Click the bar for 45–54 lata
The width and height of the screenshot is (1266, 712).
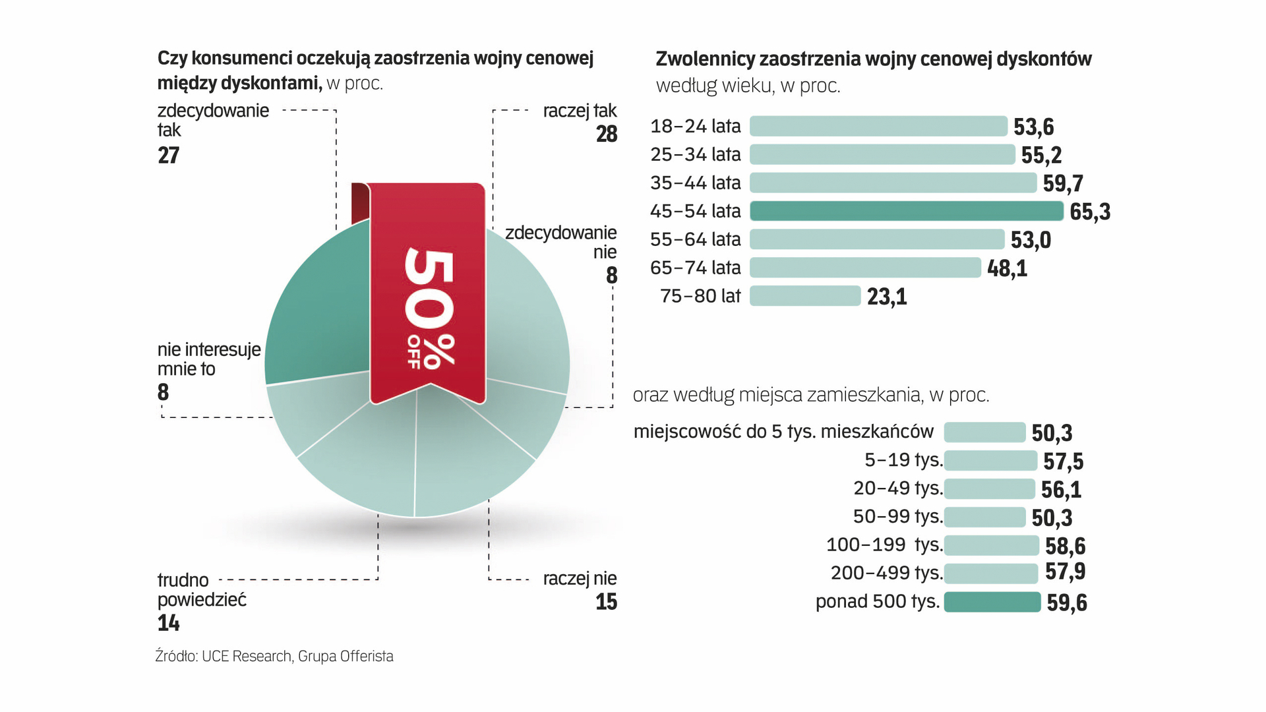[x=907, y=211]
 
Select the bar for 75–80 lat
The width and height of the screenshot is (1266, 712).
[x=805, y=296]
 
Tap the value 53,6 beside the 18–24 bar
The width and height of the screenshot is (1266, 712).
[x=1033, y=127]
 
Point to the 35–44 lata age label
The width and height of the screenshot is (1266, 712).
[x=695, y=183]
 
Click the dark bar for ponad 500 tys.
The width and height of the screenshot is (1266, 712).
[x=992, y=602]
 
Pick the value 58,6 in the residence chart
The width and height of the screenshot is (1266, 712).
[x=1065, y=546]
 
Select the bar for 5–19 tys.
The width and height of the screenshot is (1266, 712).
[x=990, y=460]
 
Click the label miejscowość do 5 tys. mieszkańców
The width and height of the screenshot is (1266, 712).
[x=783, y=432]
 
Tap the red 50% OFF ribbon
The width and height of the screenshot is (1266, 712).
[x=427, y=290]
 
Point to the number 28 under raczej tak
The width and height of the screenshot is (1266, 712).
[x=607, y=134]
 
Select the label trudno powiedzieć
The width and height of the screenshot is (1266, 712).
[x=201, y=590]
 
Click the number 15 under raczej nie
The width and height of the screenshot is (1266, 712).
[x=606, y=602]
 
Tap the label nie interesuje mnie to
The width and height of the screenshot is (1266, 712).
[x=209, y=359]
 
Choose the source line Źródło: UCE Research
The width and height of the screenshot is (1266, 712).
[x=274, y=657]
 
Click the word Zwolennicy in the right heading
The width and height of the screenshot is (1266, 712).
[x=705, y=59]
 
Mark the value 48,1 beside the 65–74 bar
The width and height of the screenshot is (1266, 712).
[x=1007, y=268]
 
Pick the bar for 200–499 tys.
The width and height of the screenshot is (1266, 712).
[x=990, y=574]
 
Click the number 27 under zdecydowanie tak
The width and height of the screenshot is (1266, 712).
[x=169, y=156]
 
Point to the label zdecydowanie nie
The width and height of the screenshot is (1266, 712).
[x=560, y=242]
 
